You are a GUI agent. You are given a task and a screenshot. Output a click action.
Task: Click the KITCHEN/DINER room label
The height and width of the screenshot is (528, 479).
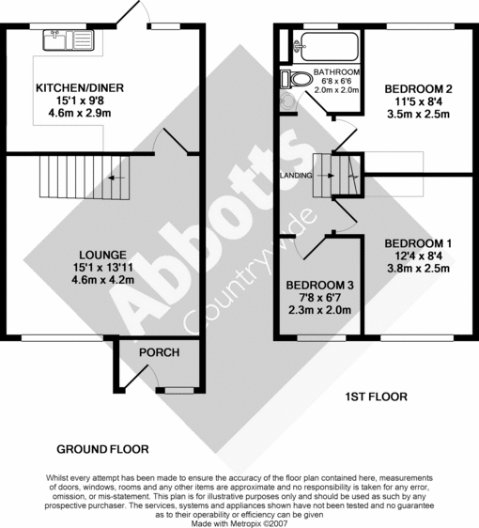pyautogui.click(x=80, y=88)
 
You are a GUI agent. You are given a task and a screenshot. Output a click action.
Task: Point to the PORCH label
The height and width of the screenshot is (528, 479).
pyautogui.click(x=159, y=352)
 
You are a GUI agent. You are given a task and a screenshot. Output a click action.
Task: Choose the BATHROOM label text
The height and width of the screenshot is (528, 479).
pyautogui.click(x=336, y=72)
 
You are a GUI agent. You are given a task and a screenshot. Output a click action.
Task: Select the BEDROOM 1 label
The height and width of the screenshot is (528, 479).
pyautogui.click(x=418, y=244)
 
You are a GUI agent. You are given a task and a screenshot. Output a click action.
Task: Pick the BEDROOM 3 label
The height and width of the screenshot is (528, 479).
pyautogui.click(x=320, y=286)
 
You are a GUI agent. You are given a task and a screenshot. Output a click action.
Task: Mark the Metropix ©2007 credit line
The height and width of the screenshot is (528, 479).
pyautogui.click(x=239, y=522)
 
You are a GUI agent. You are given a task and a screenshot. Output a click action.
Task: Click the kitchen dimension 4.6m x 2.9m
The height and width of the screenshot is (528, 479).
pyautogui.click(x=80, y=113)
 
